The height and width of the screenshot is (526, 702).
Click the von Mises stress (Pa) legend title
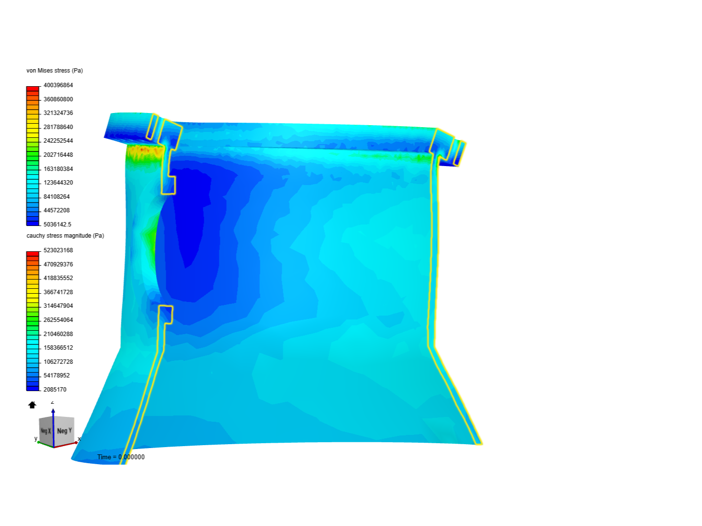pos(55,71)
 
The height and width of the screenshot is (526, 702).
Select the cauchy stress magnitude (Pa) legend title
pos(65,236)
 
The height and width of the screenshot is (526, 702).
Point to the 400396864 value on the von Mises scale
pos(58,85)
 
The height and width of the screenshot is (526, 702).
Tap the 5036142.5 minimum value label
pos(57,225)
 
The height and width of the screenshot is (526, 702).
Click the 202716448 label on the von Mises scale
pos(58,155)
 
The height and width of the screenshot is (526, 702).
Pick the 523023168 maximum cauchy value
pos(58,250)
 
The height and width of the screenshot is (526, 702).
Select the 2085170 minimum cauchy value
pos(55,390)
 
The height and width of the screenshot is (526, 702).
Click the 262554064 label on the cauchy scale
pos(58,320)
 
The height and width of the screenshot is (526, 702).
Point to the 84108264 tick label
pos(57,197)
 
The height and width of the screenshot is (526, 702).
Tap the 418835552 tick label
pos(58,278)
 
